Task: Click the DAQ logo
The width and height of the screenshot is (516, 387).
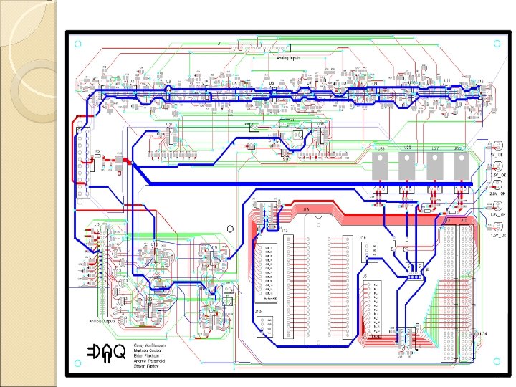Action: click(106, 353)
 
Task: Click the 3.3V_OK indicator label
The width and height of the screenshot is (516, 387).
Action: click(498, 173)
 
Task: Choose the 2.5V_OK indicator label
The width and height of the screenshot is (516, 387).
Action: click(498, 193)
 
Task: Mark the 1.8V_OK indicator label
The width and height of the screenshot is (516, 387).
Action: click(498, 214)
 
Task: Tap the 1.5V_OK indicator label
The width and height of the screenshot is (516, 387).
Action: click(498, 234)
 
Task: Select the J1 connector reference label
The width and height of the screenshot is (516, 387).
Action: click(219, 44)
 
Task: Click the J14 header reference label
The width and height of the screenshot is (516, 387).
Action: click(363, 237)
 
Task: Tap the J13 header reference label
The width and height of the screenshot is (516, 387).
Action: click(258, 312)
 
